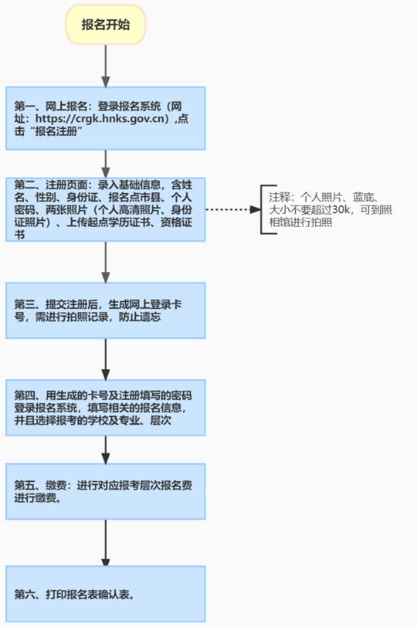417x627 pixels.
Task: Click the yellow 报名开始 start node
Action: coord(105,25)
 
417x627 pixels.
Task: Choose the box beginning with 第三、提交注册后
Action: coord(105,309)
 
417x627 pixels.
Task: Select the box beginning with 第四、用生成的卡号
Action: coord(105,406)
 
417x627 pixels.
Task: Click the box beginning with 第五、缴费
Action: coord(105,491)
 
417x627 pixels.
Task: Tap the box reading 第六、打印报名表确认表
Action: coord(105,594)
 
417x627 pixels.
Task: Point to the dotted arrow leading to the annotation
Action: coord(232,209)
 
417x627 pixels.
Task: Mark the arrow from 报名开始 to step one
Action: coord(105,65)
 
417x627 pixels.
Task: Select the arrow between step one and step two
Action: coord(105,163)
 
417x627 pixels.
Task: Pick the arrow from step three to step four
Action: coord(105,358)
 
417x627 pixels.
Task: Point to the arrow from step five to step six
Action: coord(105,542)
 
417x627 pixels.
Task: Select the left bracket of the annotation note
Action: coord(263,209)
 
